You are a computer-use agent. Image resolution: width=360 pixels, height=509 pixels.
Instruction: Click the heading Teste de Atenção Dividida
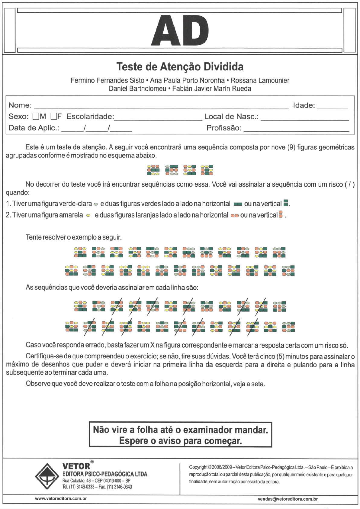tap(180, 67)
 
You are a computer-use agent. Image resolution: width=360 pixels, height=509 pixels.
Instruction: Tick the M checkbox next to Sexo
tap(36, 116)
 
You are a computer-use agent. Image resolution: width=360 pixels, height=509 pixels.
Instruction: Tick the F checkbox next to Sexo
tap(54, 116)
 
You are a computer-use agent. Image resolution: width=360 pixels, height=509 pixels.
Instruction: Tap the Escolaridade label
tap(90, 117)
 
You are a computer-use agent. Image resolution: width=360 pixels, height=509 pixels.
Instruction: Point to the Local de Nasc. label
tap(231, 117)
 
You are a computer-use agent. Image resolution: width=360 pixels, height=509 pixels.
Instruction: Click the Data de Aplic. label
tap(34, 128)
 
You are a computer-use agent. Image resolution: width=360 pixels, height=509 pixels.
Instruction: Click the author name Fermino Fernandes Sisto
tap(107, 81)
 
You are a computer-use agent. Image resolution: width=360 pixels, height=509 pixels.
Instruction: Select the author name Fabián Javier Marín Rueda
tap(212, 89)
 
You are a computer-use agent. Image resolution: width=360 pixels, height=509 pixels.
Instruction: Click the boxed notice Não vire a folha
tap(180, 435)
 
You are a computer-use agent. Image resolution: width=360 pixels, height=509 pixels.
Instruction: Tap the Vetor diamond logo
tap(47, 476)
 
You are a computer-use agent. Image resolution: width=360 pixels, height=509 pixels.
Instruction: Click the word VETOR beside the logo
tap(76, 466)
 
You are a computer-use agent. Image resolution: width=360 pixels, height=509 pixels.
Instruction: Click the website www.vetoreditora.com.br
tap(61, 499)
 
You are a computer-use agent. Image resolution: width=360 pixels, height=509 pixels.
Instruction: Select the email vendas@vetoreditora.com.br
tap(288, 499)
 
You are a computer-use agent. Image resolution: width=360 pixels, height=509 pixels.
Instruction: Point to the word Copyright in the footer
tap(198, 467)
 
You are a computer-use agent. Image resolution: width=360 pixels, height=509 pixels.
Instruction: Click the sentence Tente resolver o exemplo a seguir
tap(74, 237)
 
